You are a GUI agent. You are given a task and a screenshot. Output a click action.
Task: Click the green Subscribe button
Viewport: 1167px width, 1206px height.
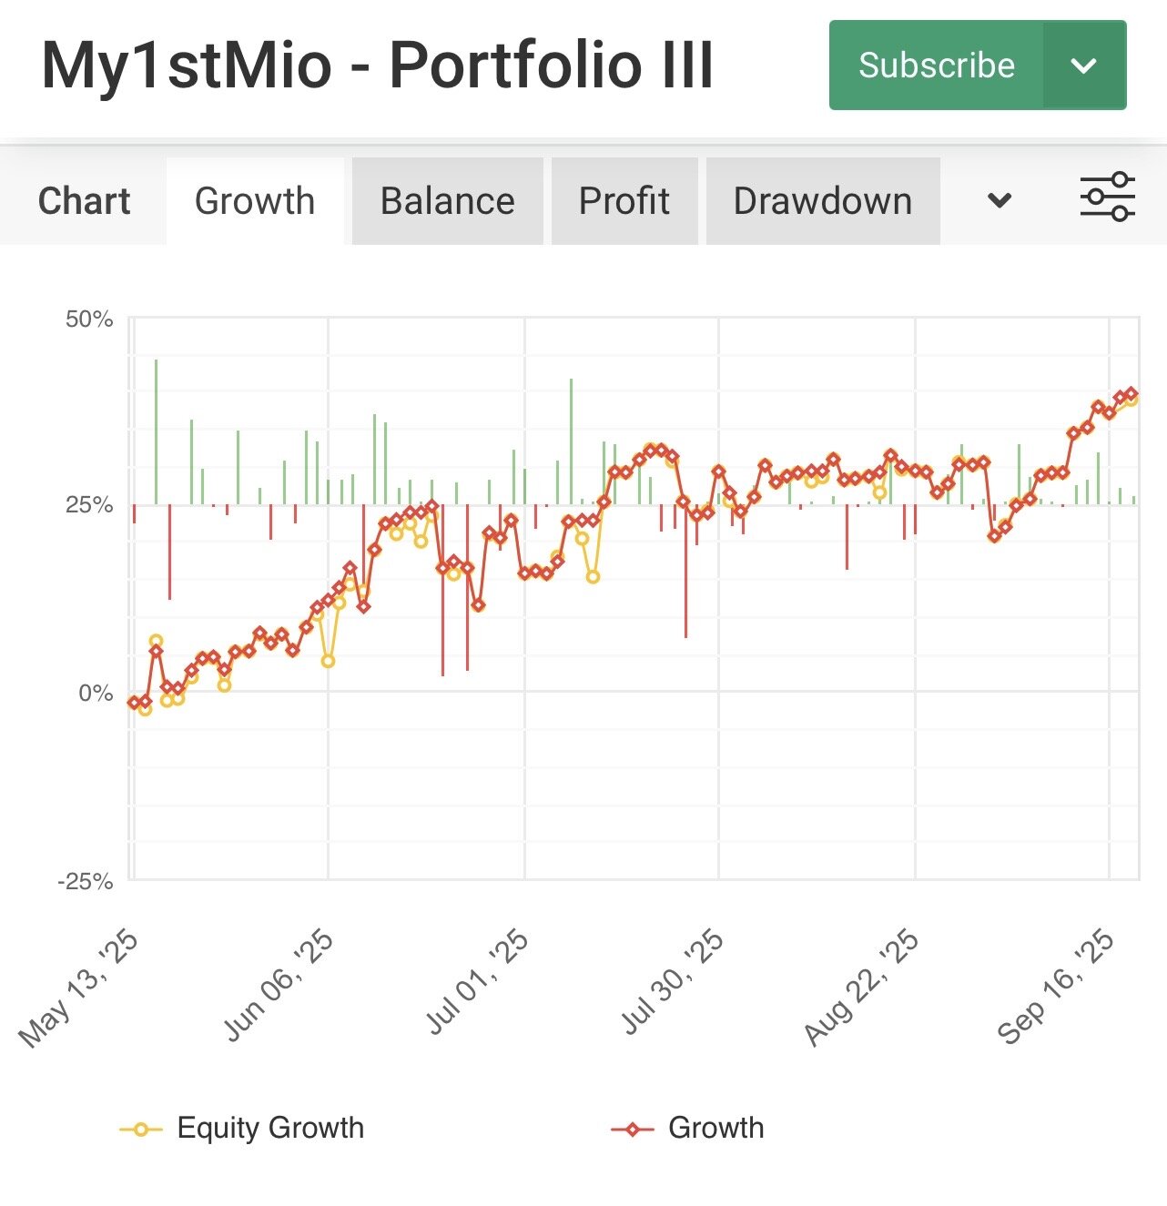[936, 66]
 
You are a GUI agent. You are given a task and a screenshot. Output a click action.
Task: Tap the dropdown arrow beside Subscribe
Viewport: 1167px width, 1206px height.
[1083, 66]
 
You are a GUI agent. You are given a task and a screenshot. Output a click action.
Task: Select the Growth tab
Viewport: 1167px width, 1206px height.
[255, 201]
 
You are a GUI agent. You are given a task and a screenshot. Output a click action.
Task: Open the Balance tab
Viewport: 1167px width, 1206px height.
[447, 201]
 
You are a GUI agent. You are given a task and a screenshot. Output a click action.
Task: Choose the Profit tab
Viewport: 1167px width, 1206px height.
[624, 201]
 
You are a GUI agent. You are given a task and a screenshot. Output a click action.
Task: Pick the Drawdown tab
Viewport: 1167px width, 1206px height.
[823, 201]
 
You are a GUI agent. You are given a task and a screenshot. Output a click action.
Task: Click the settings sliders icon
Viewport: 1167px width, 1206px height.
[1107, 197]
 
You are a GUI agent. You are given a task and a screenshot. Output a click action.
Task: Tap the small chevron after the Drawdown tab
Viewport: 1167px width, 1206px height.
[1000, 201]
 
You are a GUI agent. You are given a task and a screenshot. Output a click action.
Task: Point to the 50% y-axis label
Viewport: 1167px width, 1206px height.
[89, 319]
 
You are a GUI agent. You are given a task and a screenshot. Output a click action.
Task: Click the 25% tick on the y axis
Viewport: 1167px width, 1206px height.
[89, 506]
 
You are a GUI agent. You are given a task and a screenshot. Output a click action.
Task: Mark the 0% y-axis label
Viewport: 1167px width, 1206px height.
[95, 694]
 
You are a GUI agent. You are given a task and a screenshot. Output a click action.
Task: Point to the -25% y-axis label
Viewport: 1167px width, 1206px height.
[86, 881]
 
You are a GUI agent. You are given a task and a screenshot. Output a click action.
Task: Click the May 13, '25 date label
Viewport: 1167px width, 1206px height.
[80, 988]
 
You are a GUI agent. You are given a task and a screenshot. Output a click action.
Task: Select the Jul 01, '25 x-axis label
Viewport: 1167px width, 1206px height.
[478, 983]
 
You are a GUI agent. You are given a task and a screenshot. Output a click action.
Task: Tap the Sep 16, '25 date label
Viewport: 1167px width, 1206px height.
[1056, 988]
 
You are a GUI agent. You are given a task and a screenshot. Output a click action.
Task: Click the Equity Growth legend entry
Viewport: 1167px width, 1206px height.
[269, 1128]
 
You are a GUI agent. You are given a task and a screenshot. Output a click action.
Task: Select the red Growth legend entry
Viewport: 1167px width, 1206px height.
[715, 1128]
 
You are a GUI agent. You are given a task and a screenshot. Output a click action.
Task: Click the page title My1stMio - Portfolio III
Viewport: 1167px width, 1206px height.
[378, 66]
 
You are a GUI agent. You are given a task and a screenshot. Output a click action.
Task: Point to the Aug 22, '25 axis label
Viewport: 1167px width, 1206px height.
[862, 988]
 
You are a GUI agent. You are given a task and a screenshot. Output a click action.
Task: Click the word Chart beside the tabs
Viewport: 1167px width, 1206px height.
[84, 201]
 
